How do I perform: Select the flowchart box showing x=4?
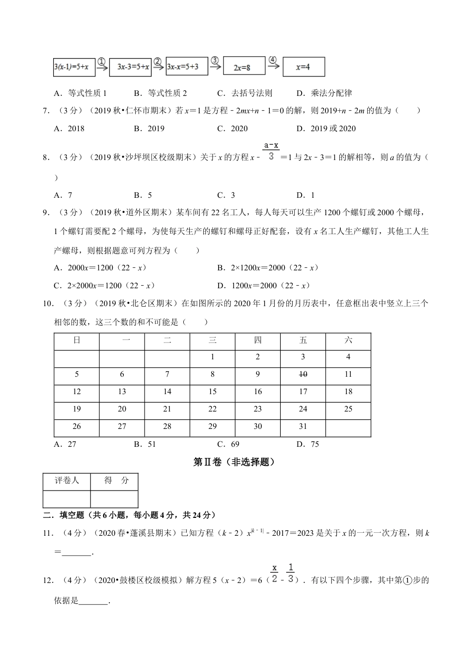coord(304,67)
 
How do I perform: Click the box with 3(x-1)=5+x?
coord(74,67)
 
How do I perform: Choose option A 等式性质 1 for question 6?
coord(80,93)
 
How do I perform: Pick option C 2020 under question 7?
coord(233,128)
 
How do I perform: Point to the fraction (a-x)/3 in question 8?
coord(271,151)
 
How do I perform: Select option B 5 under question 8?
coord(143,195)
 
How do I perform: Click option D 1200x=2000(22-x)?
coord(264,285)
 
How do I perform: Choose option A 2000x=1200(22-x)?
coord(100,268)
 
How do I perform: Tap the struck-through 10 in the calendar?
coord(303,374)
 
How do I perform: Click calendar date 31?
coord(303,426)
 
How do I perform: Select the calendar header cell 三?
coord(213,340)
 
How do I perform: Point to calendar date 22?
coord(213,409)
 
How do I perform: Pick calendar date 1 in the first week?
coord(213,357)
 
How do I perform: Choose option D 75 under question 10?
coord(308,444)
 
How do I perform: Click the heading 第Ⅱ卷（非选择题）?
coord(234,462)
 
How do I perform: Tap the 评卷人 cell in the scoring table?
coord(67,481)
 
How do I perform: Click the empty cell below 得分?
coord(114,499)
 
